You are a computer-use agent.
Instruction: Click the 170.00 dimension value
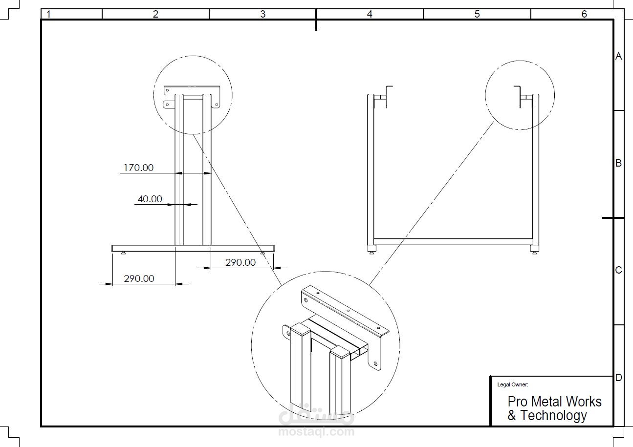coord(139,168)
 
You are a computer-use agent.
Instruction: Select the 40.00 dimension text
coord(150,199)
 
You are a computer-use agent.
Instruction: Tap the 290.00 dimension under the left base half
coord(139,279)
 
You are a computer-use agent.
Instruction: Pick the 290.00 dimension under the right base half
coord(240,263)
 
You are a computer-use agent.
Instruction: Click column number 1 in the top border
coord(48,14)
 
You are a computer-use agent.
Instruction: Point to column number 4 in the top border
coord(370,14)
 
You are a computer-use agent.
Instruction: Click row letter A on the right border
coord(619,56)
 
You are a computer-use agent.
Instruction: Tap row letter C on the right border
coord(619,270)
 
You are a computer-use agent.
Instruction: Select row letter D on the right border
coord(619,378)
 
